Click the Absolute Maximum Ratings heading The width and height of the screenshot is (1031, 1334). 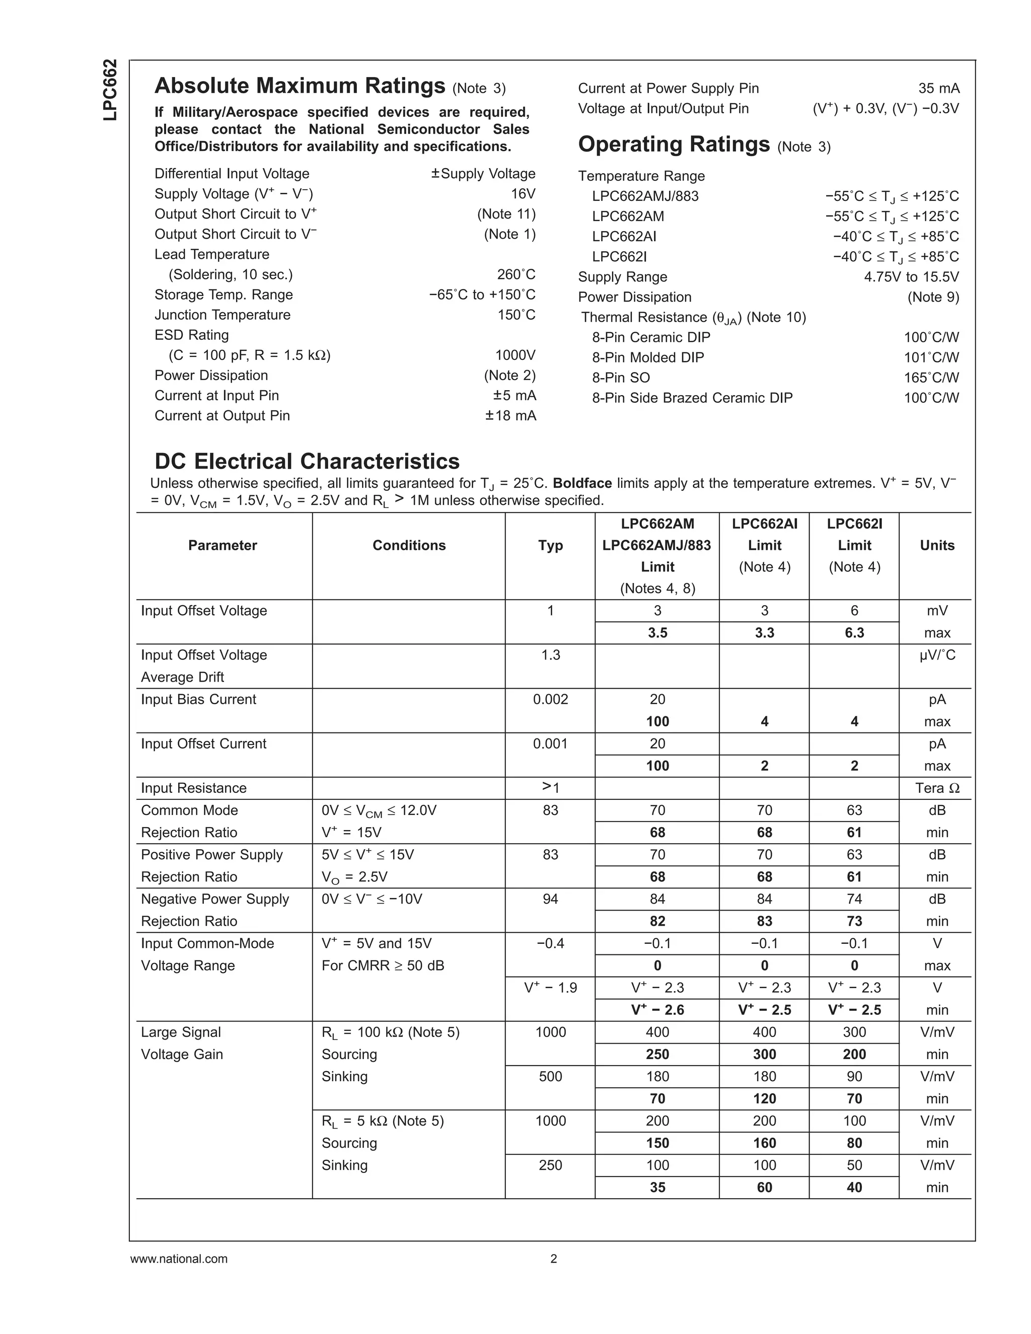coord(300,86)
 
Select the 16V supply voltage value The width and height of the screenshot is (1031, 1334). coord(523,194)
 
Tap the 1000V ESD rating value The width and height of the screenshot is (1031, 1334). coord(515,355)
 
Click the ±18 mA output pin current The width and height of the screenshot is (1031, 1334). coord(510,415)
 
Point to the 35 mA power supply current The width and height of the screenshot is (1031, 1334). coord(939,88)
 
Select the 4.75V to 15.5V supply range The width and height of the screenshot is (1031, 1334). coord(911,277)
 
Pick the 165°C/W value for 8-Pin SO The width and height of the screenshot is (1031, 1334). coord(931,378)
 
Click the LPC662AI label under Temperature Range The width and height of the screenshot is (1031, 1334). coord(624,237)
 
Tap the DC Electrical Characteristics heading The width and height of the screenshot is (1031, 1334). coord(307,461)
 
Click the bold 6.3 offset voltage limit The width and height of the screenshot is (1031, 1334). coord(854,633)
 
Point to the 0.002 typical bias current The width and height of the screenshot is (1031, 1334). coord(550,699)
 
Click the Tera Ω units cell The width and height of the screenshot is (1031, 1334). coord(936,788)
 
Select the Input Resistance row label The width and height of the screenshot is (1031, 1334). coord(194,788)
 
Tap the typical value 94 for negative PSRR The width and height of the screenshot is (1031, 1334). coord(550,899)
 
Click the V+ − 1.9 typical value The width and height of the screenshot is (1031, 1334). coord(550,988)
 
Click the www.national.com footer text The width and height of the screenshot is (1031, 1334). coord(178,1259)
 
